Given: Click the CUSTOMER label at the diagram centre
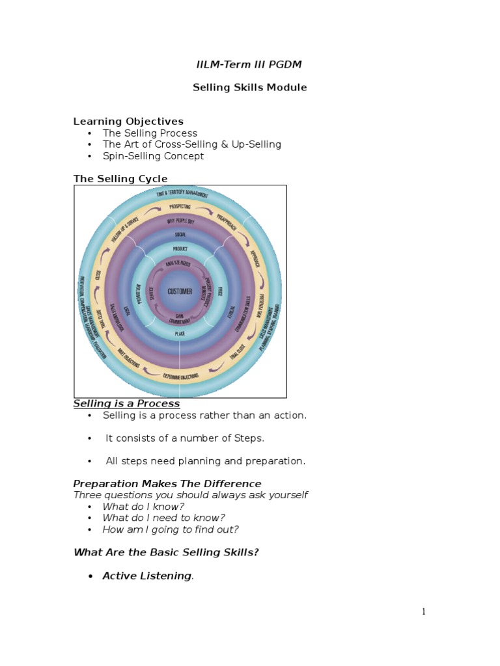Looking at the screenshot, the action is pyautogui.click(x=180, y=291).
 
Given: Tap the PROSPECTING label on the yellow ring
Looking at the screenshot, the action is pyautogui.click(x=180, y=207).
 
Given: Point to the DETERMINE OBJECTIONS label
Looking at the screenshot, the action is pyautogui.click(x=180, y=377).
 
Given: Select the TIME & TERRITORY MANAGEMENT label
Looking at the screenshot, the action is pyautogui.click(x=182, y=193).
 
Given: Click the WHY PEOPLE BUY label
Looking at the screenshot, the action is pyautogui.click(x=180, y=220).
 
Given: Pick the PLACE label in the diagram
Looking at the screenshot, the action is pyautogui.click(x=180, y=334).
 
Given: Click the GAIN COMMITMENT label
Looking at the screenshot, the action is pyautogui.click(x=180, y=319).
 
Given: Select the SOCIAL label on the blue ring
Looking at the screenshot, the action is pyautogui.click(x=180, y=234).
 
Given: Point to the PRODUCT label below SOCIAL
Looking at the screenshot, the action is pyautogui.click(x=180, y=249).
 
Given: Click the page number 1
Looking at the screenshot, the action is pyautogui.click(x=423, y=611).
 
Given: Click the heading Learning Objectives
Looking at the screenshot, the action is pyautogui.click(x=128, y=121).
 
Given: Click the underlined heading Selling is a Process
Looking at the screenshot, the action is pyautogui.click(x=126, y=404).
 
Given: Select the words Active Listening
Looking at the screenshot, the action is pyautogui.click(x=146, y=576).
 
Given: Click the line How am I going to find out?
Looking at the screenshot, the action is pyautogui.click(x=171, y=529).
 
